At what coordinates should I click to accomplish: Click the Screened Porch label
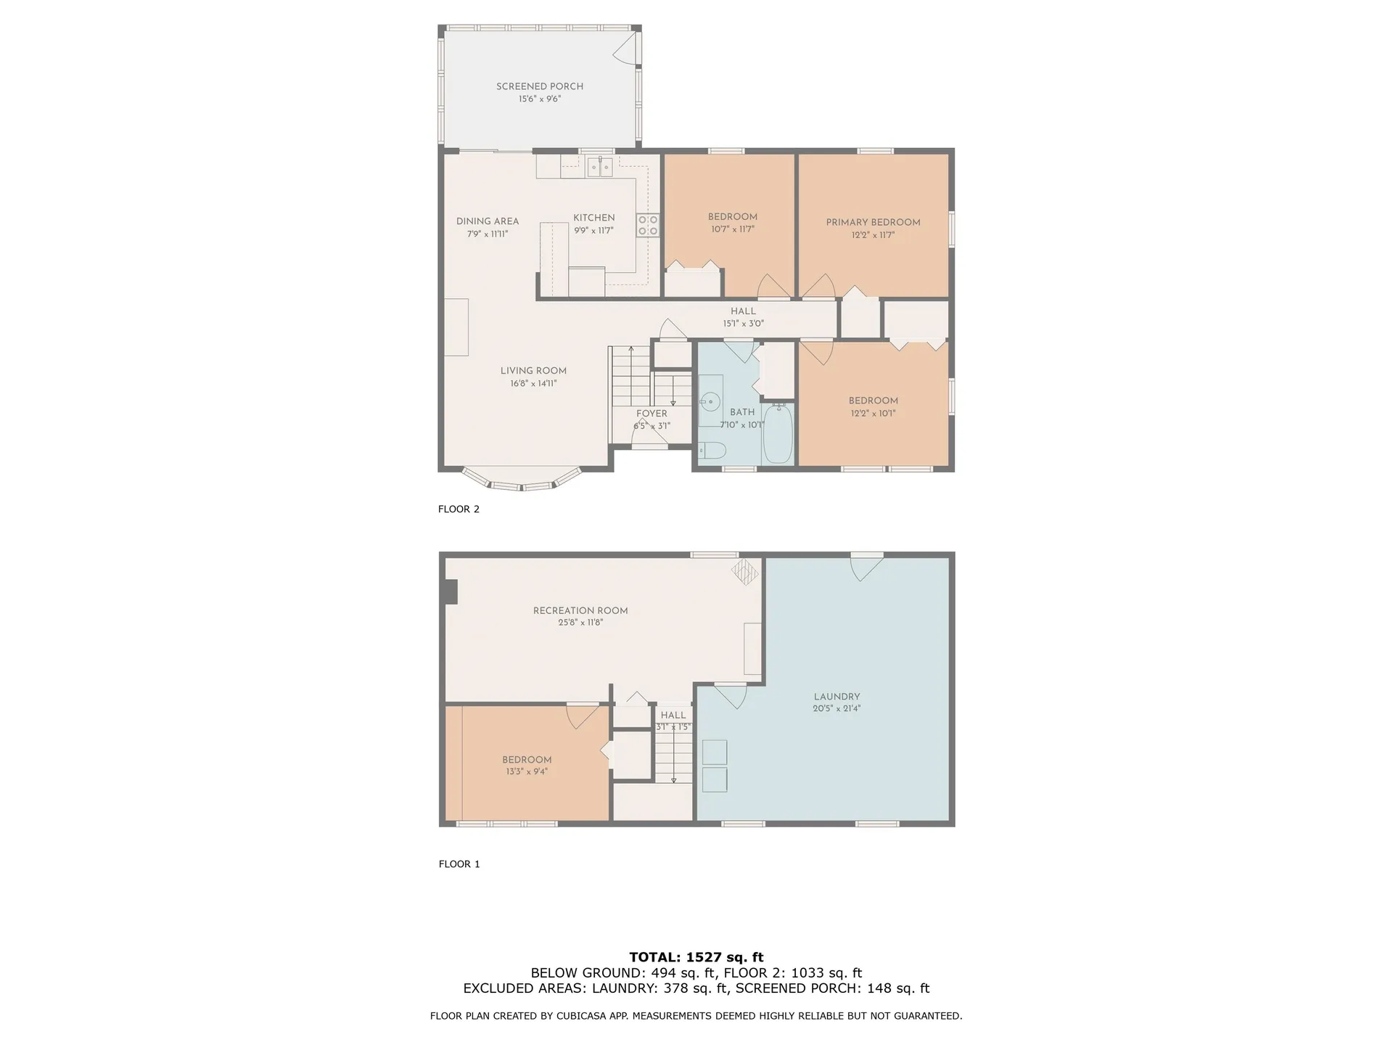539,86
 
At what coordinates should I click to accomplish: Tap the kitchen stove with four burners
647,225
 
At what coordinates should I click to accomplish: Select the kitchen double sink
599,167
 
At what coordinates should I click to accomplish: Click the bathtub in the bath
778,434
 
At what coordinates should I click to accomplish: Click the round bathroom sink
710,401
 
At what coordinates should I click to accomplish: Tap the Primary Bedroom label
873,222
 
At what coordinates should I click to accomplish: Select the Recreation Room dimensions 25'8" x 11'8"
580,623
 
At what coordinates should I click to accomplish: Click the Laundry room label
837,696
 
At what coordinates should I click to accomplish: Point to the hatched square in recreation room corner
744,571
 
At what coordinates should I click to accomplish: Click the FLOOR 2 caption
459,509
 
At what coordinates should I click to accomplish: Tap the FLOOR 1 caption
459,864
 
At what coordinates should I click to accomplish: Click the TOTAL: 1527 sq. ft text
696,957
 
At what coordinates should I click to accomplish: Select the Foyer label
652,414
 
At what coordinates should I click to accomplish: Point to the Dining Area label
487,221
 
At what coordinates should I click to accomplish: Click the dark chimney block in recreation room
451,591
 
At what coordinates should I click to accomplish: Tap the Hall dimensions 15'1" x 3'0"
743,324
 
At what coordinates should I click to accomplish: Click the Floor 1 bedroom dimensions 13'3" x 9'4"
527,772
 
